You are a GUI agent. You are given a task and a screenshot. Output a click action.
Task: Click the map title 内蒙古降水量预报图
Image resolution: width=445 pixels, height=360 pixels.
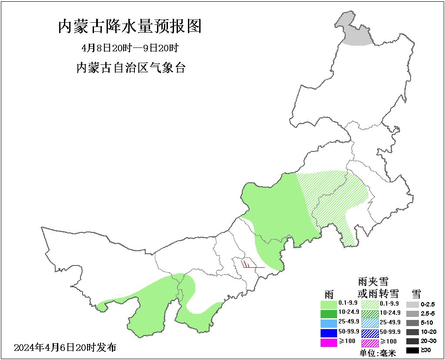tap(130, 27)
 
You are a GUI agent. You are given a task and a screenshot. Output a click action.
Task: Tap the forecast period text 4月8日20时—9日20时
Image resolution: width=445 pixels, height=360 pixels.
tap(130, 48)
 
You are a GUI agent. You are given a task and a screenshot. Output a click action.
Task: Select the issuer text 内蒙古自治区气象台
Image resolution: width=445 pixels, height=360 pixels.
tap(130, 68)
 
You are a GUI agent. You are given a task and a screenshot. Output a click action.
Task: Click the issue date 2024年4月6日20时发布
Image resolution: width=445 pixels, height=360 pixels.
tap(65, 348)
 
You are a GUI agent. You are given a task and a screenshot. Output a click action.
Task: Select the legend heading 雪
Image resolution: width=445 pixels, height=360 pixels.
tap(416, 293)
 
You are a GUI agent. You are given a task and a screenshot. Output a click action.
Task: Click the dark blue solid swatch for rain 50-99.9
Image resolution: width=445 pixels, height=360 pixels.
tap(328, 333)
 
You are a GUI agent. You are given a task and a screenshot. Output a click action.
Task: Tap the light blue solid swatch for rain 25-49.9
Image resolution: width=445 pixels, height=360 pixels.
tap(328, 323)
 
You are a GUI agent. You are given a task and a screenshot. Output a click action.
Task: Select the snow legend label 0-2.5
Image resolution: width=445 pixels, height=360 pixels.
tap(428, 304)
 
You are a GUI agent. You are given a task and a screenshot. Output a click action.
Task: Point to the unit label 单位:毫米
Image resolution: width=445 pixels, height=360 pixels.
tap(378, 353)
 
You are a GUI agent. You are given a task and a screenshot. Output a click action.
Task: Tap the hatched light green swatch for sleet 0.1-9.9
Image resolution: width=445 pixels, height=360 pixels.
tap(370, 303)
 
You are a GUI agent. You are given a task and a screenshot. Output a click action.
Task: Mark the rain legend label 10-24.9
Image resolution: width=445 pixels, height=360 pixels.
tap(348, 312)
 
